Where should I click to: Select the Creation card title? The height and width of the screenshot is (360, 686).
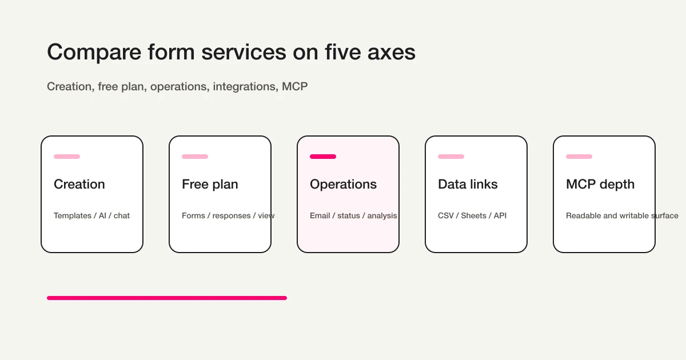[x=79, y=185]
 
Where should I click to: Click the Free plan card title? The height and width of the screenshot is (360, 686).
[x=210, y=185]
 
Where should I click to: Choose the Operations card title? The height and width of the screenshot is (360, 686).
[x=343, y=185]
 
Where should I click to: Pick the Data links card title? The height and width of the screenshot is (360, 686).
[x=468, y=185]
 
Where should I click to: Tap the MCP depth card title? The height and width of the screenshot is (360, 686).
[x=600, y=185]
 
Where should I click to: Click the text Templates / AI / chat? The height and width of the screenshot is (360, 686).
[x=91, y=216]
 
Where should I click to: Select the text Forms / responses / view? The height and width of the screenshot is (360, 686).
[x=228, y=216]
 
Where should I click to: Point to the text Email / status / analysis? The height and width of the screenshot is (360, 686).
[x=353, y=216]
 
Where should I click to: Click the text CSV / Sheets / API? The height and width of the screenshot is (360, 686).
[x=472, y=216]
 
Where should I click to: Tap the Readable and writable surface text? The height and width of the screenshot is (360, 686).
[x=622, y=216]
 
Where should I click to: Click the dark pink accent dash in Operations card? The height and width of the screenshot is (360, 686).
[x=323, y=157]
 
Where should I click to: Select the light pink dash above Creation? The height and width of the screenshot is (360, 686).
[x=67, y=157]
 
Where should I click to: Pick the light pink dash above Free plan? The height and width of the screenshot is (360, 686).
[x=195, y=157]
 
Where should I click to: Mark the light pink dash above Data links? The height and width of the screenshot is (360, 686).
[x=451, y=157]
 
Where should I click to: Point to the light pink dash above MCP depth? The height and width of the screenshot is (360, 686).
[x=579, y=157]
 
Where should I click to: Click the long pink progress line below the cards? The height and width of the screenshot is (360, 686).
[x=167, y=298]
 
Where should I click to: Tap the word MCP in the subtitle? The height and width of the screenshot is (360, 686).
[x=295, y=87]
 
